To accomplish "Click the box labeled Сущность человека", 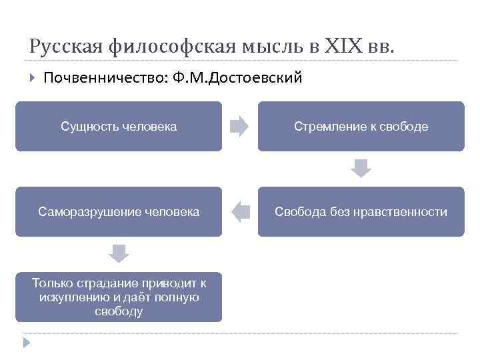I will [119, 127].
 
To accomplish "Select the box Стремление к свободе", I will [361, 127].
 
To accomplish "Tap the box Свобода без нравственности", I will [361, 212].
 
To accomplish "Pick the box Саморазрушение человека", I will [119, 212].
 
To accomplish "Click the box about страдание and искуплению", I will [119, 297].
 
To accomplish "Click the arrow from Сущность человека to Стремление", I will [239, 127].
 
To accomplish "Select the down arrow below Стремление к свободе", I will [361, 169].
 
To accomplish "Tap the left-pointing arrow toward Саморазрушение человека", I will [240, 212].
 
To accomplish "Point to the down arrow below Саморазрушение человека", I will [119, 254].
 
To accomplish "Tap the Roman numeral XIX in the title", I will [343, 47].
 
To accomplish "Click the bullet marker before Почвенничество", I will [31, 79].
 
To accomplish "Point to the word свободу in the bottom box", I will [119, 311].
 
